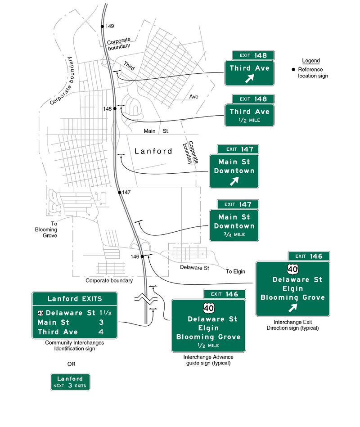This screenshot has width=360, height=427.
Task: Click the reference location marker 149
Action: click(103, 27)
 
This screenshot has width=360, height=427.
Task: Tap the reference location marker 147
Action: click(120, 193)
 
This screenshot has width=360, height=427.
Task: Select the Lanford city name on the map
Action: click(153, 151)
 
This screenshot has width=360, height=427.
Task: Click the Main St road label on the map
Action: click(155, 131)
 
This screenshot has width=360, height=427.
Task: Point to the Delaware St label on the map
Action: click(194, 268)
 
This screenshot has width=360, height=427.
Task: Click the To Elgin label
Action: click(235, 271)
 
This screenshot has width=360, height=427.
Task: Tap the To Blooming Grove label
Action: click(47, 229)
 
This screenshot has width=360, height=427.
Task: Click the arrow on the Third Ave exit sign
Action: click(249, 79)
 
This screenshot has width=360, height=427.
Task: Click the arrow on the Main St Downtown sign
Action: click(234, 181)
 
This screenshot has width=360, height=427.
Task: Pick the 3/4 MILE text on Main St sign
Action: click(234, 235)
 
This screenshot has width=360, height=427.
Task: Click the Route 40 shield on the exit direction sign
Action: click(293, 270)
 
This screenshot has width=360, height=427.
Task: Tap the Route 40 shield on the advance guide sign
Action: click(208, 308)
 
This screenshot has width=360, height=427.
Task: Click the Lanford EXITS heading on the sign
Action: click(75, 299)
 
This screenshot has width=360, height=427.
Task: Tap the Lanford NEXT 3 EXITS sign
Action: click(71, 382)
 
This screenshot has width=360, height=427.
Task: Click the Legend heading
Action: click(311, 61)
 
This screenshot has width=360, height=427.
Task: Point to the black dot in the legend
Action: click(294, 70)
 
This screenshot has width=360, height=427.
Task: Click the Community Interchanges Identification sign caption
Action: click(75, 346)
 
